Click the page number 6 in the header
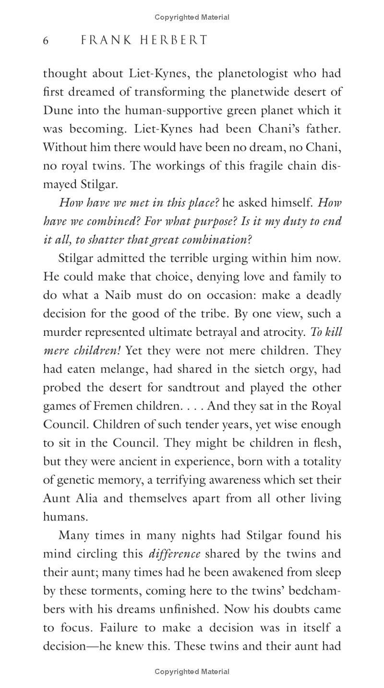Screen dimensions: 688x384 coord(46,41)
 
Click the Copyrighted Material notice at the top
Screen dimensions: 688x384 coord(192,17)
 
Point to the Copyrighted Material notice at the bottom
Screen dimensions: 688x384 coord(192,672)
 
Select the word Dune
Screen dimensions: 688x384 coord(57,110)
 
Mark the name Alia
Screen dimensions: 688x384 coord(86,498)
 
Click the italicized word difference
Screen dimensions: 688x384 coord(175,554)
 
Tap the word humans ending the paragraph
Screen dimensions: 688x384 coord(65,517)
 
